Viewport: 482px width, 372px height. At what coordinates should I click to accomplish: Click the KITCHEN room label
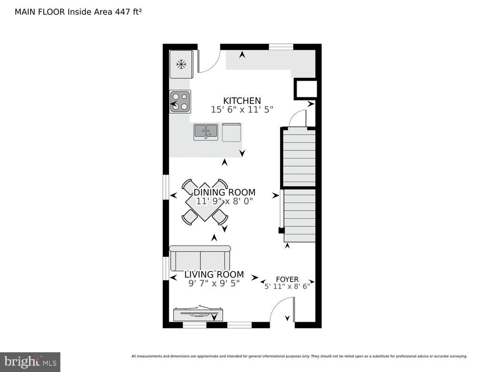(x=242, y=101)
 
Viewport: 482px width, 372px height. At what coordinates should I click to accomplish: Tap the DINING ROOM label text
(x=225, y=193)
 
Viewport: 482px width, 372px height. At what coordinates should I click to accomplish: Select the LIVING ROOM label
(x=214, y=274)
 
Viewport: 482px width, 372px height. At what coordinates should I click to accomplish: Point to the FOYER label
(x=287, y=279)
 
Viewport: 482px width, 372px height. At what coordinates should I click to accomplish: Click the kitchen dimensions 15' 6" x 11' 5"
(x=242, y=110)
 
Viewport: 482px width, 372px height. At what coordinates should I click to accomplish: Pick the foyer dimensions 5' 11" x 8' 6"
(x=287, y=286)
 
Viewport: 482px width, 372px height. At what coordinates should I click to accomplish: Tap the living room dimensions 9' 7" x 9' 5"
(x=214, y=283)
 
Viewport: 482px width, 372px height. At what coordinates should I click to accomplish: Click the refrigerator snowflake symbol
(x=181, y=64)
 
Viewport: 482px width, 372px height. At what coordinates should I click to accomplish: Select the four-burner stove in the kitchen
(x=180, y=102)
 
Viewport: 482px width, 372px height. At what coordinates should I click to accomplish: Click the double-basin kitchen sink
(x=206, y=132)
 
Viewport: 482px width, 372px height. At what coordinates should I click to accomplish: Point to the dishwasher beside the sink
(x=232, y=133)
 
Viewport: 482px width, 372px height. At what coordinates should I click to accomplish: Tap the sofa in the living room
(x=200, y=258)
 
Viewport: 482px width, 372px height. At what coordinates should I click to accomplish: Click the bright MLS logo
(x=30, y=362)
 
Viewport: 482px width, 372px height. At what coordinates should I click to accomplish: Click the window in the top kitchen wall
(x=281, y=47)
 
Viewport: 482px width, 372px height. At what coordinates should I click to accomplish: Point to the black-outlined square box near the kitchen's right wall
(x=305, y=89)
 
